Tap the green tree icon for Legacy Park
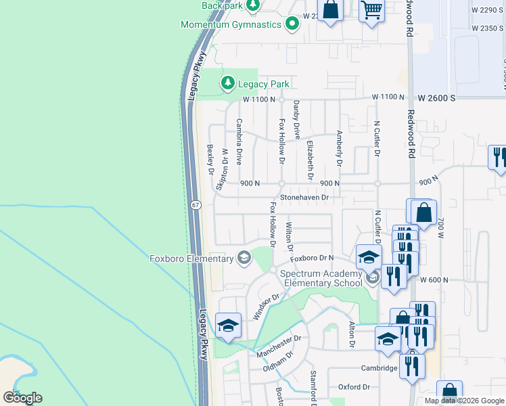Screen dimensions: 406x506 (x=228, y=83)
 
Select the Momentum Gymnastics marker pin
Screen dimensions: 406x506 (x=292, y=24)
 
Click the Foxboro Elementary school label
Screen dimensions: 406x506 (x=191, y=258)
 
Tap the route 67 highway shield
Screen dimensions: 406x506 (x=195, y=204)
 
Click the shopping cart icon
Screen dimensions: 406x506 (x=371, y=11)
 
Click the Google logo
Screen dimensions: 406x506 (x=22, y=397)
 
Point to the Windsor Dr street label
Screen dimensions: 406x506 (x=266, y=307)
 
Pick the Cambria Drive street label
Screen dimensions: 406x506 (x=239, y=142)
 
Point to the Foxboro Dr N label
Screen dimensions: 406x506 (x=313, y=258)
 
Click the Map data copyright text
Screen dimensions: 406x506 (x=464, y=401)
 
